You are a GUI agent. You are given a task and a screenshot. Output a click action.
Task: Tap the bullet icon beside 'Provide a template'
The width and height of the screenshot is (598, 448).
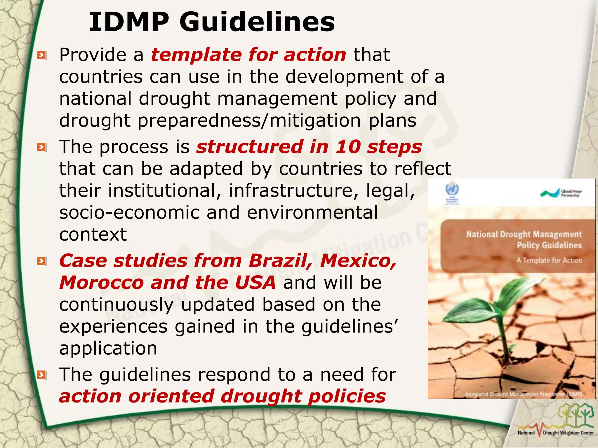pyautogui.click(x=42, y=55)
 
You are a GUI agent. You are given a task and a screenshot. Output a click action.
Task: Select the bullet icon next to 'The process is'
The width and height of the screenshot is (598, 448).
pyautogui.click(x=42, y=147)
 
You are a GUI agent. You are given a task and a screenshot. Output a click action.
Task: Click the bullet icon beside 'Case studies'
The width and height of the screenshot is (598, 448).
pyautogui.click(x=42, y=261)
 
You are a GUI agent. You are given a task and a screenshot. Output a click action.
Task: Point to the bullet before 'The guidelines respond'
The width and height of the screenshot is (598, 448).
pyautogui.click(x=42, y=375)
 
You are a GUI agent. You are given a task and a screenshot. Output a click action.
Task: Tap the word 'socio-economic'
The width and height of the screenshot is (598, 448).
pyautogui.click(x=129, y=212)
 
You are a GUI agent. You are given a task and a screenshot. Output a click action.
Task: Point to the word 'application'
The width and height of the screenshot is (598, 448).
pyautogui.click(x=108, y=348)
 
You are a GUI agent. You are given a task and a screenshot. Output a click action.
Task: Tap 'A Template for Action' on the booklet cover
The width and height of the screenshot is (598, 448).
pyautogui.click(x=549, y=260)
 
